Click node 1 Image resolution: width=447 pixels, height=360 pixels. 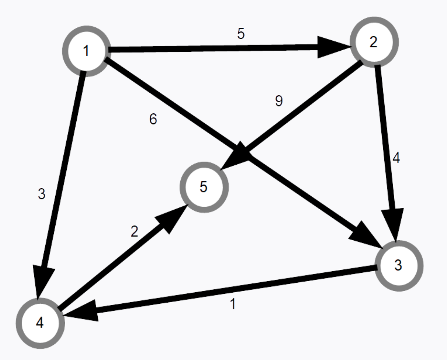86,51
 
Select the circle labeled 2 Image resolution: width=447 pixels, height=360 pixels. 374,42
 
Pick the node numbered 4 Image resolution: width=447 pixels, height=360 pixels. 40,323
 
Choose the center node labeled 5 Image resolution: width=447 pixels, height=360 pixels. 204,187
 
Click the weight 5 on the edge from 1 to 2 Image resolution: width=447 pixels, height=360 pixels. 241,34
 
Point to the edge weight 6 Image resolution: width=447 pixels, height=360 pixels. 153,119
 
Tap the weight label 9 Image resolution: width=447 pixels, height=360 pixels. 279,101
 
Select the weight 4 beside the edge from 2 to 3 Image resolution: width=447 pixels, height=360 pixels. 396,158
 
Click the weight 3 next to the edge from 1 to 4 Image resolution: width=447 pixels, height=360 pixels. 42,194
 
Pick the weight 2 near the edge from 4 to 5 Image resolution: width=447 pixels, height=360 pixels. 134,232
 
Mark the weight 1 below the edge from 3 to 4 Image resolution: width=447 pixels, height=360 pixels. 233,304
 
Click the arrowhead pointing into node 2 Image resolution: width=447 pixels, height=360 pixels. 333,46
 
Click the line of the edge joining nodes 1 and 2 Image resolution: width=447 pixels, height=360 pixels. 214,48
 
